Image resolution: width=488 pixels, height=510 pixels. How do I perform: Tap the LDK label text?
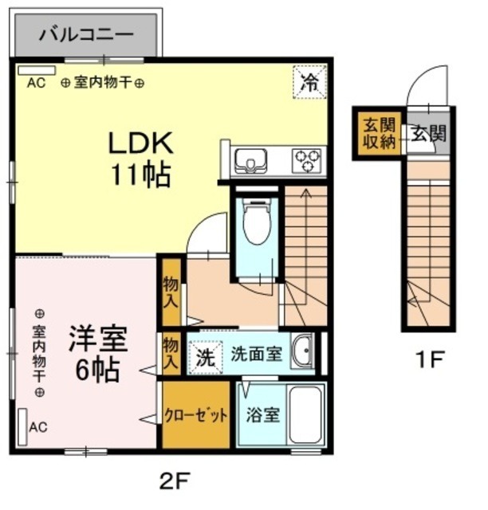point(140,143)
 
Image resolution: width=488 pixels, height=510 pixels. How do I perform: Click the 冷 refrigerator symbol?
point(309,80)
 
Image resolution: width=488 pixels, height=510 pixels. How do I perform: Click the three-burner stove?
point(306,161)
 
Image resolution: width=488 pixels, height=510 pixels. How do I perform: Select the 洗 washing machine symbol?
point(205,355)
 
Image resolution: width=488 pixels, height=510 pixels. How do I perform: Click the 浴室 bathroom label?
point(262,415)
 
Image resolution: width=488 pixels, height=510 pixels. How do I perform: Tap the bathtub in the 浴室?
point(305,415)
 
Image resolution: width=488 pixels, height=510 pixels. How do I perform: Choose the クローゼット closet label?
point(195,415)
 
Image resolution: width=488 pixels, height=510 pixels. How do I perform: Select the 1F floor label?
point(429,360)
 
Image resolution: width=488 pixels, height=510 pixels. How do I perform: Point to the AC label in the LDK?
point(36,82)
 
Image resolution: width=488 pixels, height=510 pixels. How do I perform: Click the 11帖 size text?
point(140,175)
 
